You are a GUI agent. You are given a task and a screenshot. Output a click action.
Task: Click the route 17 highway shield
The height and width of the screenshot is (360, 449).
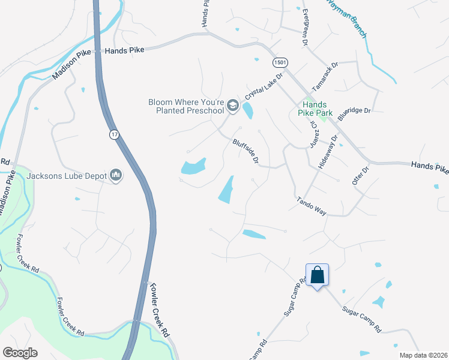tap(114, 134)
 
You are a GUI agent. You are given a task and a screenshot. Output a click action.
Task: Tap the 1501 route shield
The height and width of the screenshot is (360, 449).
tap(280, 62)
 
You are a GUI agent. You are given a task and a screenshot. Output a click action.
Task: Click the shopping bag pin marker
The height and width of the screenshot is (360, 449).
tap(317, 276)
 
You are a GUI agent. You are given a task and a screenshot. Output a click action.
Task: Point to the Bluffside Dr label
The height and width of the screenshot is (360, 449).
tap(246, 151)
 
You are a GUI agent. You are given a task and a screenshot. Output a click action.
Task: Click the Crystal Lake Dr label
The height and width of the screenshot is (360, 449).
tap(263, 88)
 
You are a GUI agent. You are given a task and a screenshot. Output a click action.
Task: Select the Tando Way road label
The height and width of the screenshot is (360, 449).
tap(311, 206)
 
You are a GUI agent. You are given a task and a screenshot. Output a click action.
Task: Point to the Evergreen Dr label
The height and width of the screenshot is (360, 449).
tap(305, 28)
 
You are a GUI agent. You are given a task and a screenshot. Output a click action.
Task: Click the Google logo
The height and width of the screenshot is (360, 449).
tap(20, 352)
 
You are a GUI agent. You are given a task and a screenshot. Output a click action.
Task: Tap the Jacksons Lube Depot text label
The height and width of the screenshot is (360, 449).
tap(66, 176)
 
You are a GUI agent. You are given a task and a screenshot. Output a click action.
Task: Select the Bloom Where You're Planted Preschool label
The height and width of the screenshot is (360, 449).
tap(186, 106)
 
